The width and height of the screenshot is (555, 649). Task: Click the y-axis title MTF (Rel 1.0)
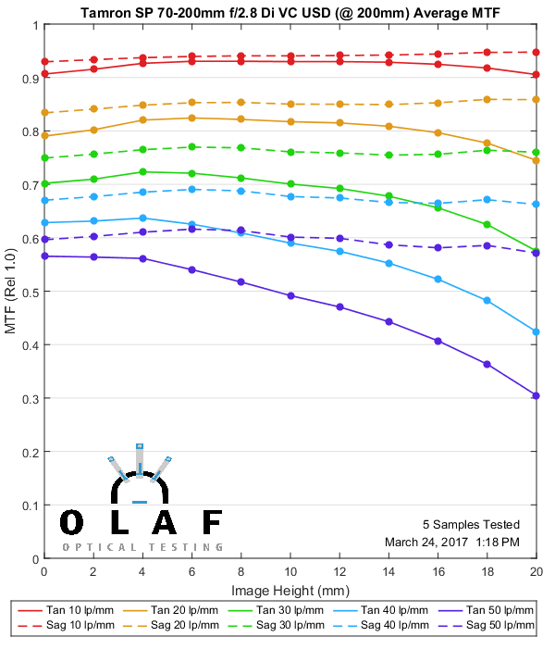coord(11,292)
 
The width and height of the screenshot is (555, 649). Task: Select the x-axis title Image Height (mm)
coord(290,591)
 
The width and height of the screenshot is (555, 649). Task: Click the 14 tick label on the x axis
coord(388,574)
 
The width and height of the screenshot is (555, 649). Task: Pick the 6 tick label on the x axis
coord(191,574)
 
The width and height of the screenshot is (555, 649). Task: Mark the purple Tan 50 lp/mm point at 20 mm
coord(536,395)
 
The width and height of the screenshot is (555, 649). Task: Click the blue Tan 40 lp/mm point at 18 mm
coord(487,300)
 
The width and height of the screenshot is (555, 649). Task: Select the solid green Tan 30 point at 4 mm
coord(142,171)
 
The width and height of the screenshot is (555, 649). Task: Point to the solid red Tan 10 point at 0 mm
coord(44,74)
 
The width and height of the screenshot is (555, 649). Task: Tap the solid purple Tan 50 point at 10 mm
coord(290,295)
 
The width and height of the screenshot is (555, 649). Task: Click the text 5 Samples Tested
coord(471,524)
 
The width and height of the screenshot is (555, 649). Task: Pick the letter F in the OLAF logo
coord(212,523)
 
